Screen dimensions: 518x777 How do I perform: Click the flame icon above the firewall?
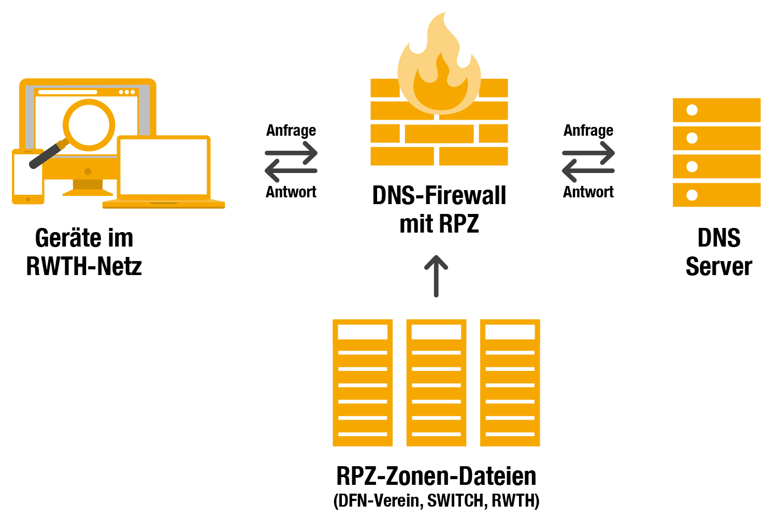[x=439, y=67]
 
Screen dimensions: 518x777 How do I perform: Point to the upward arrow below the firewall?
[x=436, y=276]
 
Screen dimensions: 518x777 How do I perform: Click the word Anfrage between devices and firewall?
[x=291, y=131]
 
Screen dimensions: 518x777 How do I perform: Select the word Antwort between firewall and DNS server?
[x=588, y=192]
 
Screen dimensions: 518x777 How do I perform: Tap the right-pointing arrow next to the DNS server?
[x=589, y=153]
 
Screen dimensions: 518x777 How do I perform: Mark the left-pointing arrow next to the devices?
[x=291, y=170]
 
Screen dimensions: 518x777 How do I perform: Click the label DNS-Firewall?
[x=439, y=196]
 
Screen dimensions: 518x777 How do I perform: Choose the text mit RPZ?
[x=439, y=224]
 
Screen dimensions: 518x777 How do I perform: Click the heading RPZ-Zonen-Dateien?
[x=436, y=476]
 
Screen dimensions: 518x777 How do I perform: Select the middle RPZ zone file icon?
[x=436, y=383]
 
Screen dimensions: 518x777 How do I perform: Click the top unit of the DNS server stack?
[x=716, y=110]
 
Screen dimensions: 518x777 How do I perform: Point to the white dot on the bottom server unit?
[x=692, y=195]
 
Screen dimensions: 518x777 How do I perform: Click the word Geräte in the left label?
[x=60, y=238]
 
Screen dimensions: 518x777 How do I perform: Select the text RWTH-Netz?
[x=84, y=266]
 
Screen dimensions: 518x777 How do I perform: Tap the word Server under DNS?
[x=719, y=266]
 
